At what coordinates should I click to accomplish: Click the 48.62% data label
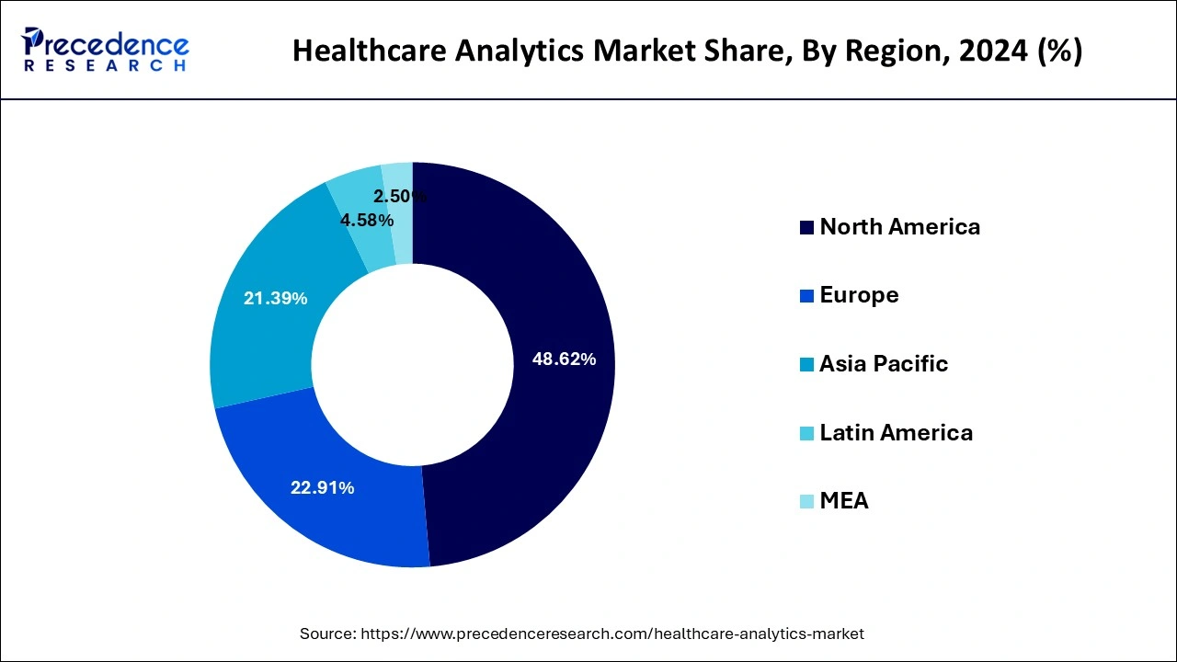tap(564, 360)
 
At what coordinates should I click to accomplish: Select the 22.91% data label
tap(322, 488)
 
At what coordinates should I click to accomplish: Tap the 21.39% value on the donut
tap(275, 299)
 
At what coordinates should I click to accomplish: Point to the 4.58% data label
tap(367, 221)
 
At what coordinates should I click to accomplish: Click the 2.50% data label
tap(399, 196)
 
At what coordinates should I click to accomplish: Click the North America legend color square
tap(806, 228)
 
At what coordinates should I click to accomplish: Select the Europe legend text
tap(859, 295)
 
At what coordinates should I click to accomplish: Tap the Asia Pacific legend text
tap(883, 364)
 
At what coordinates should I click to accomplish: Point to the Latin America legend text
tap(896, 433)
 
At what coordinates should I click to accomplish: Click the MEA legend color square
tap(806, 502)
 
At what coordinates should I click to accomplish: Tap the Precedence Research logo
tap(105, 50)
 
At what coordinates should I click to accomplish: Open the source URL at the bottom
tap(611, 633)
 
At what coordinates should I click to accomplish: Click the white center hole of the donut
tap(412, 364)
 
